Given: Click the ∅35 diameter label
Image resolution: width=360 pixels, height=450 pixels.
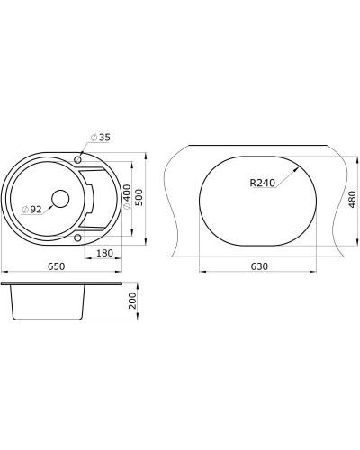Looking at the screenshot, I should coord(100,138).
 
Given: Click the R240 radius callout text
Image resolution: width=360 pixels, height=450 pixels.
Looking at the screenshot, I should coord(262,183).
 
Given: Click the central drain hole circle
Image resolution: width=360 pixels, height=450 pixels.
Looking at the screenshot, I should coord(61,199).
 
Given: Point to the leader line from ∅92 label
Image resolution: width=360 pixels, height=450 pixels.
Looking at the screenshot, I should coord(49,206).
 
